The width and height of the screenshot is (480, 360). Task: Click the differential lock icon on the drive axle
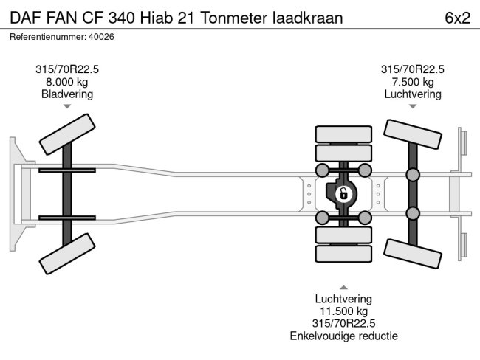(343, 194)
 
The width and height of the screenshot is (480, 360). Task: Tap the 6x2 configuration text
(457, 18)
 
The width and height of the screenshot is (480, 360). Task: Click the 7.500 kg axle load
(412, 82)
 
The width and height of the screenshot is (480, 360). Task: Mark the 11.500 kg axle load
(343, 311)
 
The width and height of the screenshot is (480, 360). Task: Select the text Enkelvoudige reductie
(343, 336)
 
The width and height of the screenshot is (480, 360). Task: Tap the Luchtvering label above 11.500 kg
(343, 299)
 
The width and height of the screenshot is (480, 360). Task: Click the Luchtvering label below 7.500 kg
(412, 94)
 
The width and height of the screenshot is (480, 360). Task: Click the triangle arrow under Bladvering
(67, 107)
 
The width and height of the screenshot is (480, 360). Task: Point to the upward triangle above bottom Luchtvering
(343, 286)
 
